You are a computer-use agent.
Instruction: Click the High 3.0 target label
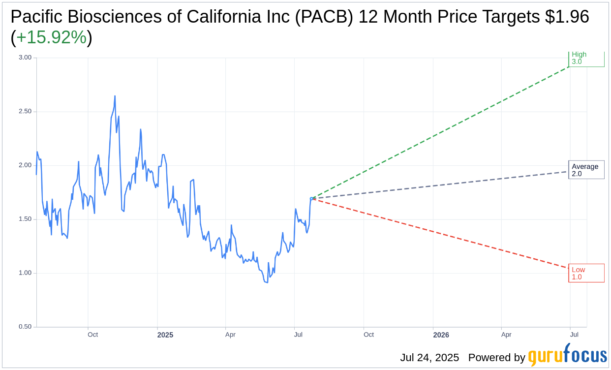tap(586, 58)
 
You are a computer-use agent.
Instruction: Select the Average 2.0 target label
tap(586, 170)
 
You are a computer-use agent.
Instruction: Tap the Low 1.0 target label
tap(586, 273)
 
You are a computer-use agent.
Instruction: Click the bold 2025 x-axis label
tap(165, 335)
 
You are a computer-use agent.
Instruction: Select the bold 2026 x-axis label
tap(441, 335)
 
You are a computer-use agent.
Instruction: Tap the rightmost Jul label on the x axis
tap(574, 335)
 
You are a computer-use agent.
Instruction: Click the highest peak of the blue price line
tap(115, 96)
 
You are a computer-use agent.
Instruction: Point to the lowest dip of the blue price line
tap(267, 282)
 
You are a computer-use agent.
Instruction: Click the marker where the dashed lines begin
tap(311, 198)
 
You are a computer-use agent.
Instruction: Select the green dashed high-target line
tap(443, 131)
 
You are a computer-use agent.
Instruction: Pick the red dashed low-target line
tap(443, 234)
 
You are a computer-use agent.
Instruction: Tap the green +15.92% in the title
tap(51, 38)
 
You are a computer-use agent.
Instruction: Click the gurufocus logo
tap(567, 355)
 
